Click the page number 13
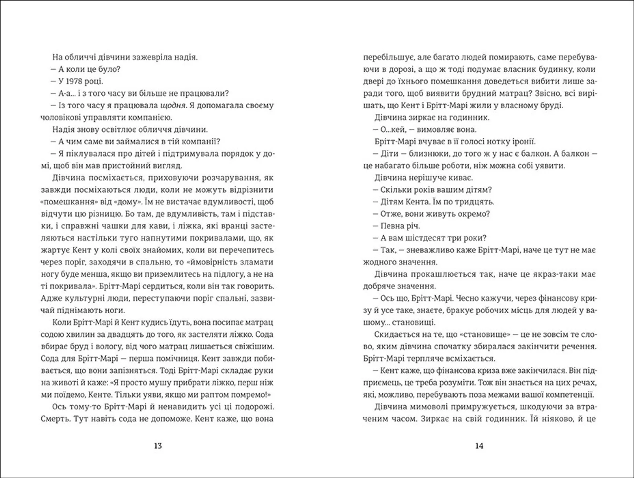click(x=158, y=446)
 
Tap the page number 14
click(x=479, y=446)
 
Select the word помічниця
click(x=175, y=358)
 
